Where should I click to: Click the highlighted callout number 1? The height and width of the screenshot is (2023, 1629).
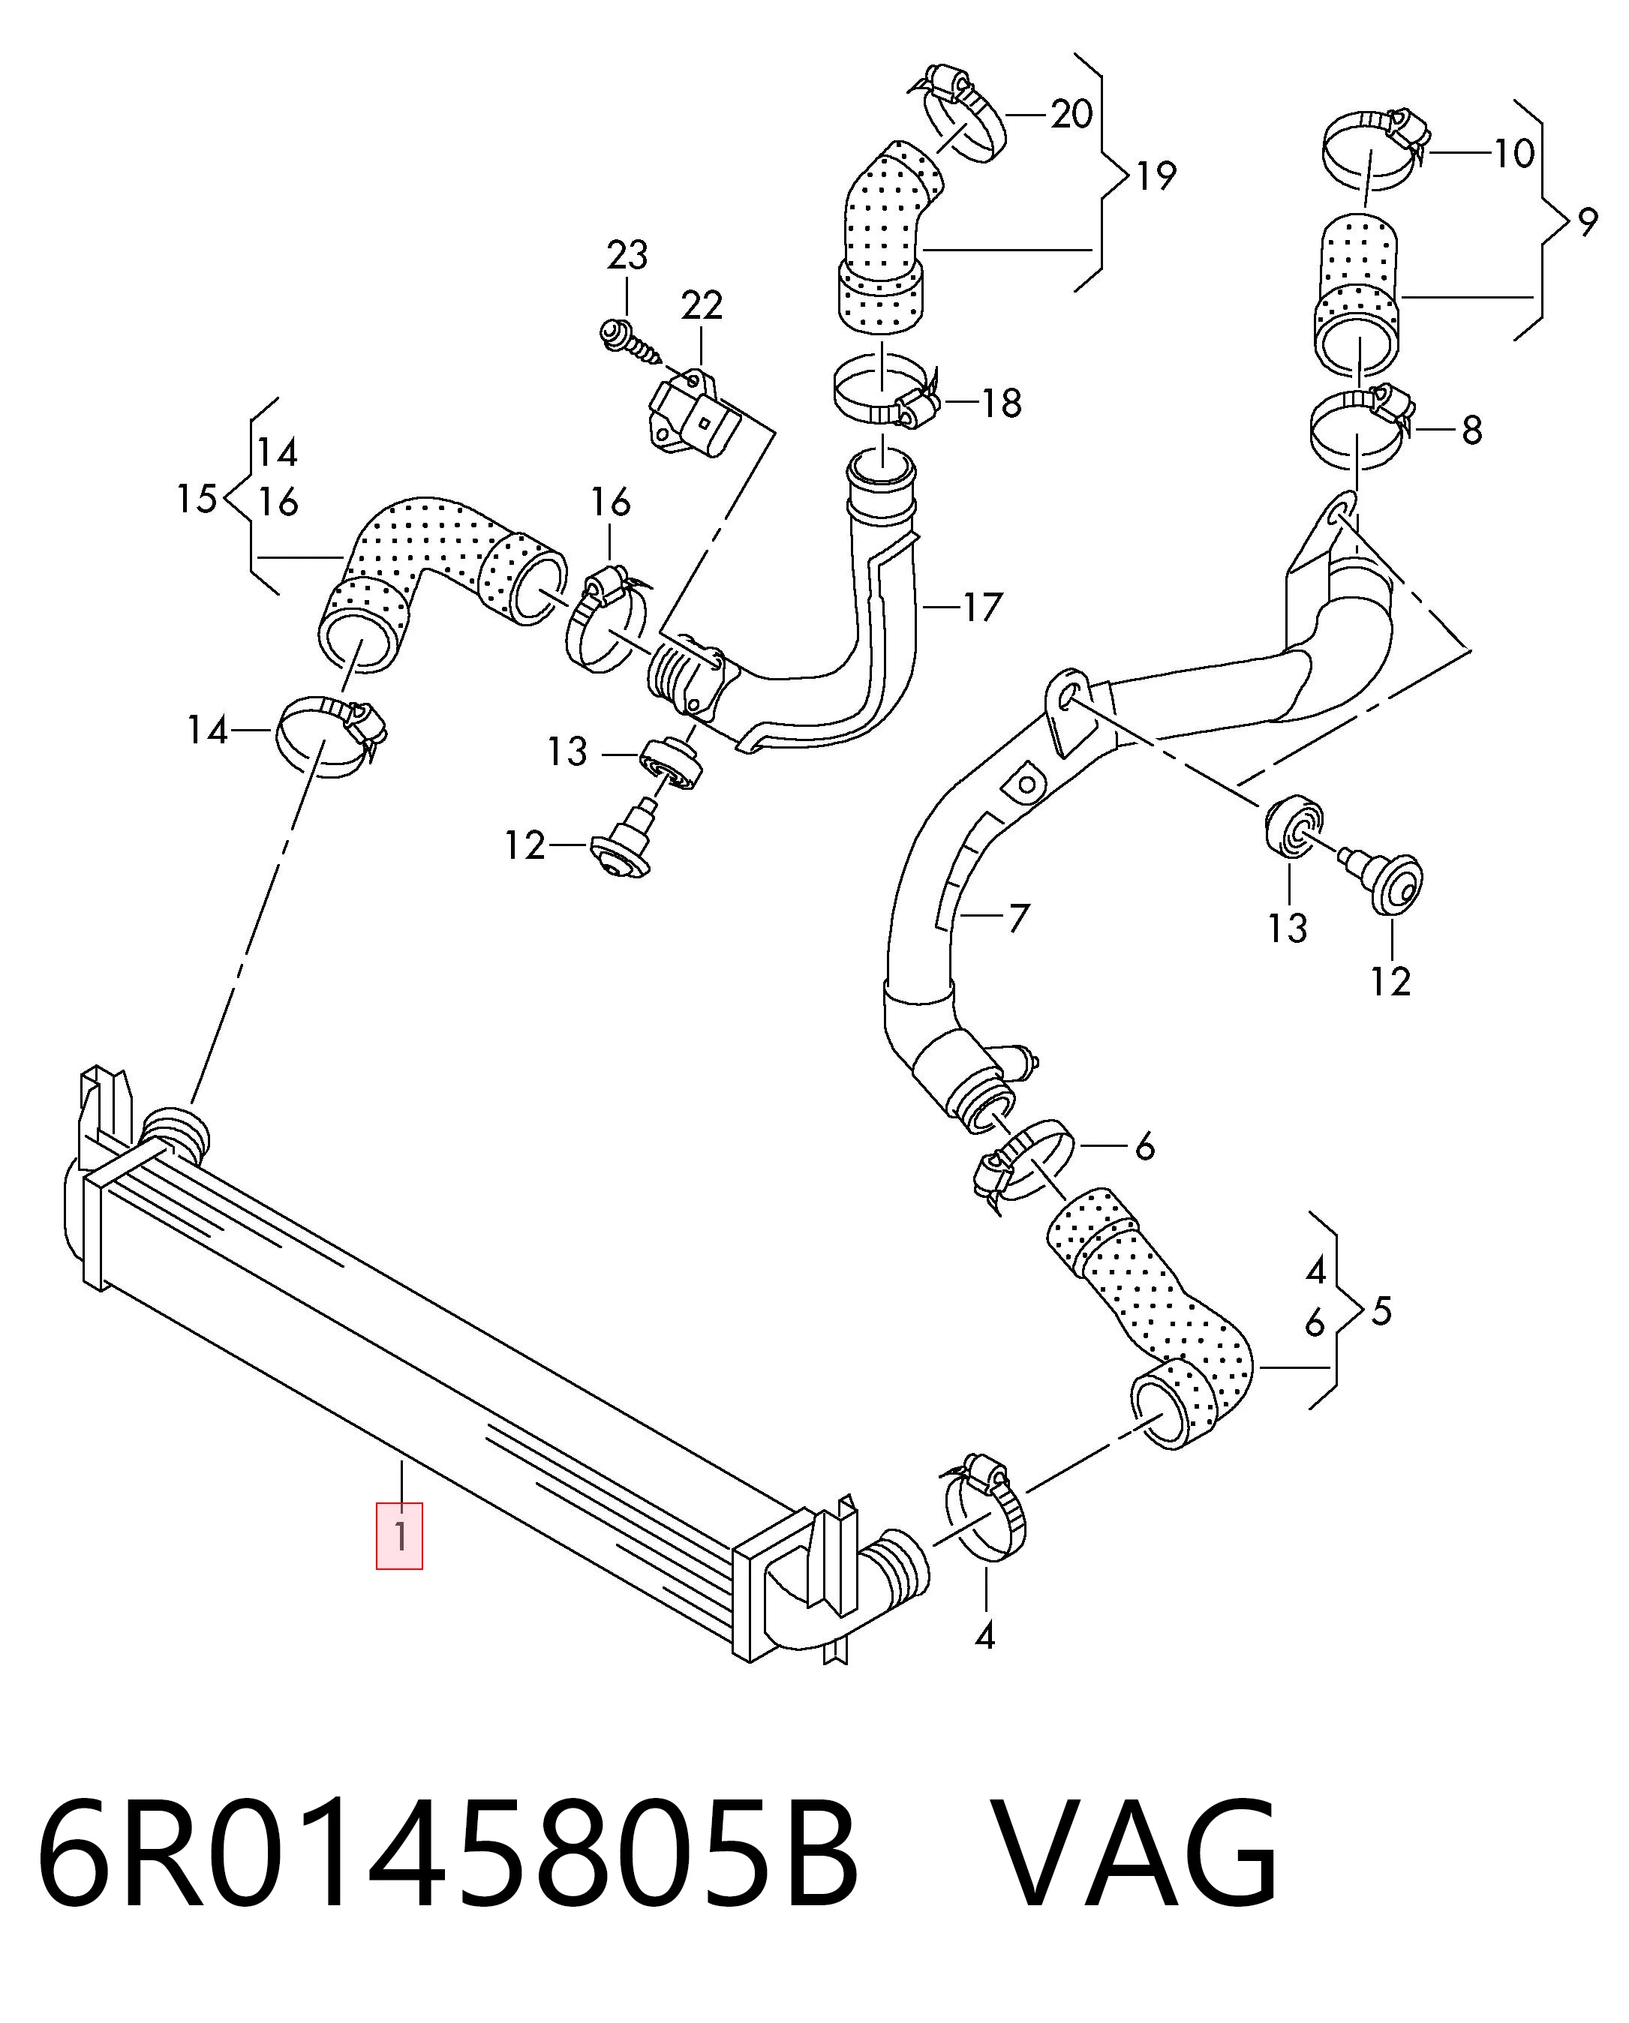pos(400,1536)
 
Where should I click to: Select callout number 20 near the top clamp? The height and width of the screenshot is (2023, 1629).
pos(1071,115)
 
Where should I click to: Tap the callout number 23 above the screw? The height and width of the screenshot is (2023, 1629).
pos(627,254)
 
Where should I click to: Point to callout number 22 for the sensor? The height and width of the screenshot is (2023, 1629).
pos(702,305)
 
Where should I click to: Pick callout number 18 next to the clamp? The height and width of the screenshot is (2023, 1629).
pos(1001,404)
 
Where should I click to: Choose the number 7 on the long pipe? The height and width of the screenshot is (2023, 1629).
pos(1019,917)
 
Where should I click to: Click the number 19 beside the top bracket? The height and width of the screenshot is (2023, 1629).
pos(1156,176)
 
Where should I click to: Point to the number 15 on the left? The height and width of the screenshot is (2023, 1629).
pos(197,498)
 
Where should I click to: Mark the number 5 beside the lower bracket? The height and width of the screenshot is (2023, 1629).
pos(1381,1311)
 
